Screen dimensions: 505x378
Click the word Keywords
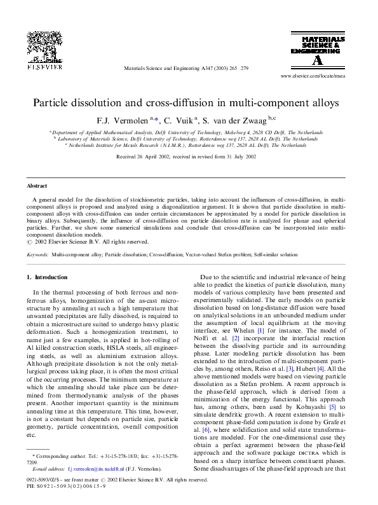(x=37, y=254)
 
